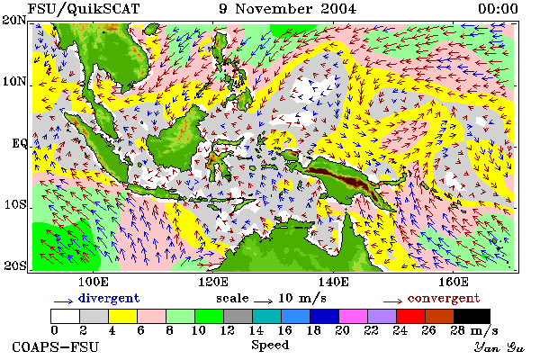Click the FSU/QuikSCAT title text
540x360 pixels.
[84, 9]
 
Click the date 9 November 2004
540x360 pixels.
[288, 9]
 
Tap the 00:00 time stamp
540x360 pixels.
[498, 9]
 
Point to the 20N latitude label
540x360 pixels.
[14, 20]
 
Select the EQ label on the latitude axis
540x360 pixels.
[19, 143]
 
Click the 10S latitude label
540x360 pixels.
[15, 205]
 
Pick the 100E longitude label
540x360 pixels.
[94, 282]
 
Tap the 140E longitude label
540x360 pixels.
[333, 282]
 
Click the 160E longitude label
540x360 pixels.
[454, 282]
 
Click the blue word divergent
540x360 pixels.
[109, 298]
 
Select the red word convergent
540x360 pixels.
[444, 298]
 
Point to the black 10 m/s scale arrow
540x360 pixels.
[264, 301]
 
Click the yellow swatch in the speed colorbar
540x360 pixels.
[122, 316]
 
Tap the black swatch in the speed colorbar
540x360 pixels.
[472, 316]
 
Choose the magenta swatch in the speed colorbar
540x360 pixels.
[353, 316]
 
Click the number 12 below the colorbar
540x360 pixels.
[228, 330]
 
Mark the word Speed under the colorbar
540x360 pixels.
[270, 346]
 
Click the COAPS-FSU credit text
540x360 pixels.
[56, 346]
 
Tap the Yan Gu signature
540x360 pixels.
[499, 347]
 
